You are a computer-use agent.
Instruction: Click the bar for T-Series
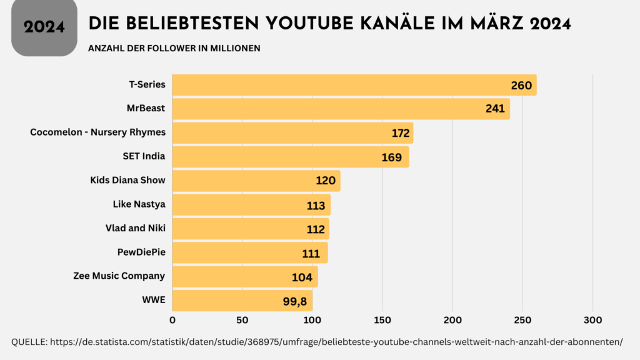337,85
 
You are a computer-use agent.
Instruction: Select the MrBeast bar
325,109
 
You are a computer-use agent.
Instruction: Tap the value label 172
401,133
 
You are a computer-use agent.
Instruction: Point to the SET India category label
144,156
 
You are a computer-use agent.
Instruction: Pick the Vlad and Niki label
135,228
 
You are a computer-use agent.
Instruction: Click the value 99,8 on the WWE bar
295,301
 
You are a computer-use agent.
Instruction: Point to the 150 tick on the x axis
382,320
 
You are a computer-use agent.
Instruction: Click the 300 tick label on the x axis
592,320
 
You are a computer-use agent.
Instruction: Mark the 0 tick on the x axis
172,320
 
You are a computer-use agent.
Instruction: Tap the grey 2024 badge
44,27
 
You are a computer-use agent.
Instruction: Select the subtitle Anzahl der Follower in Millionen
174,48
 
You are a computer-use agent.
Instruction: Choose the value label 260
521,85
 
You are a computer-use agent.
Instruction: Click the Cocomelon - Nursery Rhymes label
97,132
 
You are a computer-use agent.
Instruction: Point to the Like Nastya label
139,204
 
